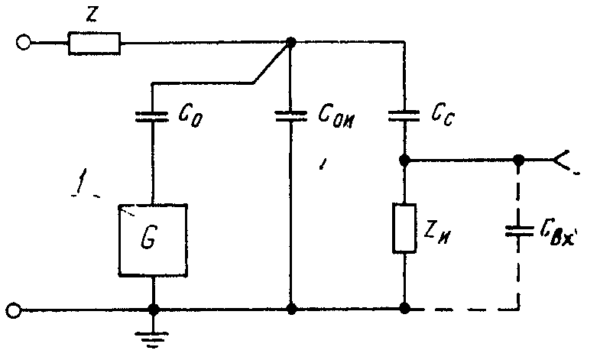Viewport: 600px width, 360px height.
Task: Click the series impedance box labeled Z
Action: (94, 44)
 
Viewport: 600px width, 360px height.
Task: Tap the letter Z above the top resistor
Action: (92, 15)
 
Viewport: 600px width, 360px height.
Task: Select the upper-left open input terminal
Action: (24, 42)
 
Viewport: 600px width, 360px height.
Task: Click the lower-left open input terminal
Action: (14, 310)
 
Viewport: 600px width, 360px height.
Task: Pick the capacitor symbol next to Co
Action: (152, 117)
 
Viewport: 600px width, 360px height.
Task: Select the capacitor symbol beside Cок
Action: (291, 116)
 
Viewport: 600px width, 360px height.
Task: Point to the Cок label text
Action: (337, 115)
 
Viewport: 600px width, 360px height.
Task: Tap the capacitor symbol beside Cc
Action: (404, 115)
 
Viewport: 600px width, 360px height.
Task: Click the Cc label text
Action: (443, 114)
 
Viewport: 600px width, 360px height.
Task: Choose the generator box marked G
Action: (153, 240)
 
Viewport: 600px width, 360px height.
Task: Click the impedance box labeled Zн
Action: (404, 229)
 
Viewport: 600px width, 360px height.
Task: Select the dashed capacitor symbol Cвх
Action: (519, 231)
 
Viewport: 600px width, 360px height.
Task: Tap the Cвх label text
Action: (558, 232)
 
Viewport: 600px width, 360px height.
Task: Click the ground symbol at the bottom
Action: (152, 339)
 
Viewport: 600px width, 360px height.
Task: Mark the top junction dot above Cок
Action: (291, 42)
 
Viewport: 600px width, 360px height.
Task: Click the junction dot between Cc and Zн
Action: (404, 160)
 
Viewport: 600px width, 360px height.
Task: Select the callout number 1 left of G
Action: (80, 181)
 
